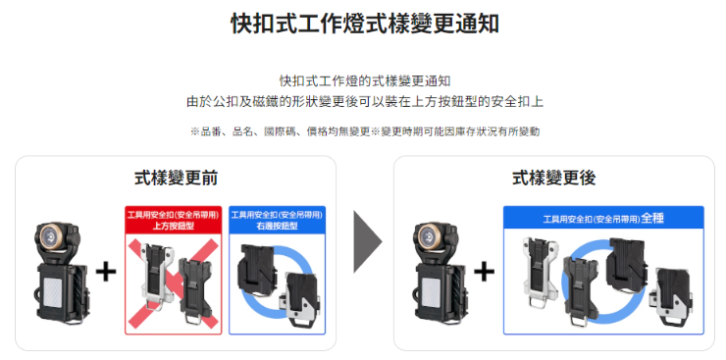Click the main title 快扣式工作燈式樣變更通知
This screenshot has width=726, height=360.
(364, 24)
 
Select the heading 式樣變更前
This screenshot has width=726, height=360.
(176, 179)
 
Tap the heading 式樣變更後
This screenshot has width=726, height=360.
(553, 179)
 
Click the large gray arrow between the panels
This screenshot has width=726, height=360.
(368, 241)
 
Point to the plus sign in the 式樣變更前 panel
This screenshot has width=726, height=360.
(106, 272)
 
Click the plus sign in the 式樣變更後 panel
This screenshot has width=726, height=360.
(485, 272)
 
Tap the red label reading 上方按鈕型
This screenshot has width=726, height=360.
(174, 227)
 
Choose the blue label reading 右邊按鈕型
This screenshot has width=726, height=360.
(277, 227)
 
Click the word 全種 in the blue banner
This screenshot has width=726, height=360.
(652, 218)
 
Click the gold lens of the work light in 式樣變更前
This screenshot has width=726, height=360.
(51, 236)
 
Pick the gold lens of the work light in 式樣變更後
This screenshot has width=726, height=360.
(430, 236)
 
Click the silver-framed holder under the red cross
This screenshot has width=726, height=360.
(157, 278)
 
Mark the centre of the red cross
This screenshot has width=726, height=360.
(173, 284)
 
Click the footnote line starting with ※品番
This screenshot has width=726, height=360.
(365, 131)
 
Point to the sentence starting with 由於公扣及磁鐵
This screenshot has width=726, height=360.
(365, 102)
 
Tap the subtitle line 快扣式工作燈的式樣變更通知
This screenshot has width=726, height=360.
(365, 81)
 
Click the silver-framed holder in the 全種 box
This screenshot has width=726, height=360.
(540, 273)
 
